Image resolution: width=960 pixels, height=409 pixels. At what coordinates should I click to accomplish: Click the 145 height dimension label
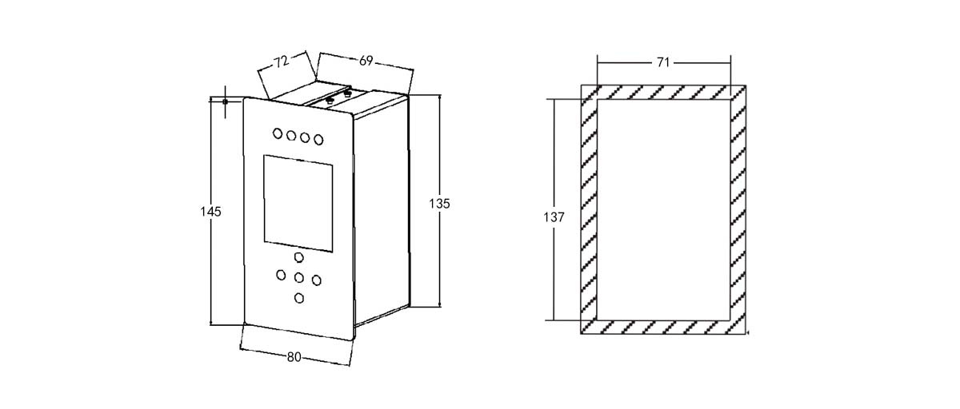tap(210, 212)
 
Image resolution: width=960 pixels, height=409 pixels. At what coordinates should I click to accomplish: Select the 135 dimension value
tap(439, 204)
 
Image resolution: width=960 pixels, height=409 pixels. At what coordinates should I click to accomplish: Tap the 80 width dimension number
tap(294, 357)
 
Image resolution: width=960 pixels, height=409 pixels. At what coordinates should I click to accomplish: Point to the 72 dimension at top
tap(282, 62)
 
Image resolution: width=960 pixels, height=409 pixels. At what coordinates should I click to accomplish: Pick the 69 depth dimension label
tap(366, 61)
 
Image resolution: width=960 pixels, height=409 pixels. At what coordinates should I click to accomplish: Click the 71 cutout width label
tap(663, 62)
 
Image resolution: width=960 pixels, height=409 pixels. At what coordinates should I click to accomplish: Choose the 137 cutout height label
tap(554, 217)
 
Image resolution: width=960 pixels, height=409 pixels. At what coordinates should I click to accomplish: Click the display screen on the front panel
tap(298, 203)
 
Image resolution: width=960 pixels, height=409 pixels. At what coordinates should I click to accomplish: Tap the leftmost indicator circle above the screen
tap(278, 133)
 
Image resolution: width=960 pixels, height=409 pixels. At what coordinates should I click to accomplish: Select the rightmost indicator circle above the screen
tap(318, 140)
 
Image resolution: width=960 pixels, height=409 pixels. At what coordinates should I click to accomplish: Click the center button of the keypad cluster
tap(298, 278)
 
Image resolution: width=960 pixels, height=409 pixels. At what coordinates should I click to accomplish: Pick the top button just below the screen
tap(298, 257)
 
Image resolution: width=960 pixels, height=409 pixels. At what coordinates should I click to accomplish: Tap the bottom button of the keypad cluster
tap(299, 298)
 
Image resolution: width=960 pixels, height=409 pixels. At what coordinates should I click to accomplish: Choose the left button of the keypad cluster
tap(281, 275)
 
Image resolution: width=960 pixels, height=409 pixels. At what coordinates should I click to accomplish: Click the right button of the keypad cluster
tap(316, 280)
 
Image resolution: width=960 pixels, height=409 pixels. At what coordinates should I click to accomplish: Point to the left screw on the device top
tap(330, 101)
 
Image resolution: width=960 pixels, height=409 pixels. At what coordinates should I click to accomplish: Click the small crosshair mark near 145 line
tap(225, 101)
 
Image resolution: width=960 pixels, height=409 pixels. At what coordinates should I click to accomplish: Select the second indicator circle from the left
tap(291, 136)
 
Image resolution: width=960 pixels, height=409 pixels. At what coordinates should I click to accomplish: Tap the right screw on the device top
tap(347, 93)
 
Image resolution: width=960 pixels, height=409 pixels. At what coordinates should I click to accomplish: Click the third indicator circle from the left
tap(305, 137)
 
